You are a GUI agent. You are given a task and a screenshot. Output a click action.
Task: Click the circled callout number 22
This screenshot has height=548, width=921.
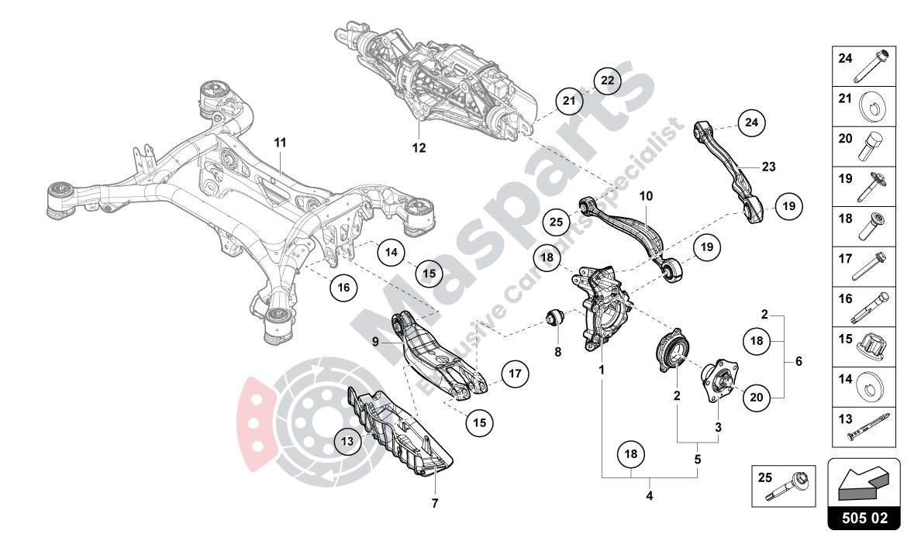pyautogui.click(x=607, y=81)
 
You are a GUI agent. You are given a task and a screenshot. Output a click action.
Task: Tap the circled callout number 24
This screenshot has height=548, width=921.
pyautogui.click(x=750, y=122)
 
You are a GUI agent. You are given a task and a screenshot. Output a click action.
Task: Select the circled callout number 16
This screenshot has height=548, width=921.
pyautogui.click(x=343, y=287)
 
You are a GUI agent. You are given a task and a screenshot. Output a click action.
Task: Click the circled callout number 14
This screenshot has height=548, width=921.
pyautogui.click(x=392, y=252)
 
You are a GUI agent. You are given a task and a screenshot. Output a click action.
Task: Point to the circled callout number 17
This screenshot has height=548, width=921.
pyautogui.click(x=512, y=374)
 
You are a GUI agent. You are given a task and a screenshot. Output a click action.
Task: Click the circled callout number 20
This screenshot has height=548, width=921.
pyautogui.click(x=757, y=396)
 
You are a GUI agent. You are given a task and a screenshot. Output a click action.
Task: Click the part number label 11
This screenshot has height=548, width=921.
pyautogui.click(x=280, y=143)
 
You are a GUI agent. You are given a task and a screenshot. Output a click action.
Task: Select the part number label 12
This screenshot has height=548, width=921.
pyautogui.click(x=419, y=147)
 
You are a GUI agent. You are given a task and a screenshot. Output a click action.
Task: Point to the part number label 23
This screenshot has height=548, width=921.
pyautogui.click(x=767, y=166)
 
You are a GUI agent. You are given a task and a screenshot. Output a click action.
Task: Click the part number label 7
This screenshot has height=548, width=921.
pyautogui.click(x=435, y=503)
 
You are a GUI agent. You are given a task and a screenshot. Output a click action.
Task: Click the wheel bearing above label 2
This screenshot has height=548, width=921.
pyautogui.click(x=671, y=357)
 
